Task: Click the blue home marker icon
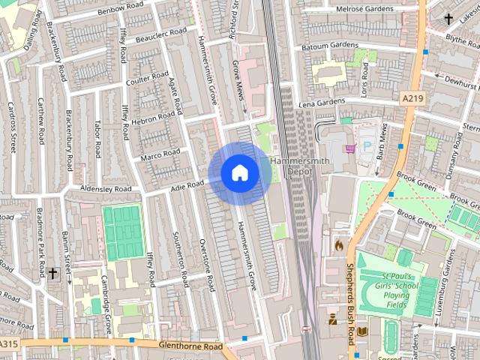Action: (x=240, y=172)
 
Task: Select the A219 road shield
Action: (x=412, y=98)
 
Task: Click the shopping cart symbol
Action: (x=349, y=148)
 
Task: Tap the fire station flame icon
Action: (x=338, y=244)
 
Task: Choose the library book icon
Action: (x=363, y=331)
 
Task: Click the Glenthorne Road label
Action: (x=191, y=346)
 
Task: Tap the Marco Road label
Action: (x=161, y=155)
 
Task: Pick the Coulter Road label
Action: (x=147, y=78)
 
